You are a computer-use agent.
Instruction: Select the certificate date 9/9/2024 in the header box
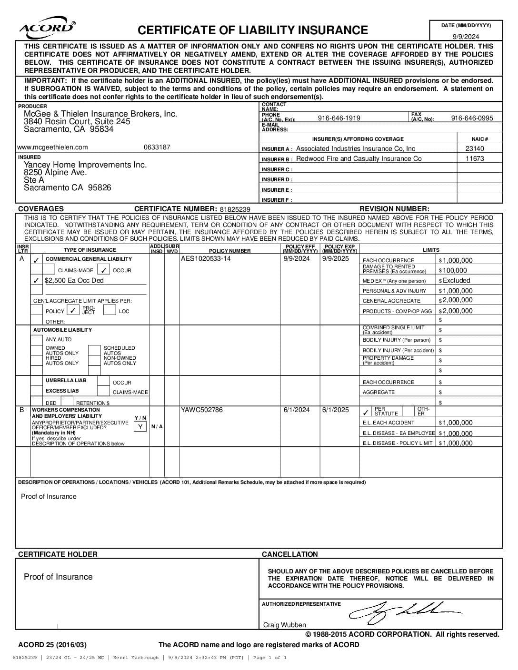click(x=466, y=37)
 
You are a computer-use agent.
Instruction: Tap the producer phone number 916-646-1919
click(x=339, y=118)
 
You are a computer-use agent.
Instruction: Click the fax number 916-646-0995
click(x=472, y=118)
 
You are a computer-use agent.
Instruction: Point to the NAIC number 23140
click(x=475, y=148)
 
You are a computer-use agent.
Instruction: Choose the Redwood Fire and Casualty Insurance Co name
click(x=359, y=158)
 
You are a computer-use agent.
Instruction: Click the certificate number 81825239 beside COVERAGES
click(x=235, y=209)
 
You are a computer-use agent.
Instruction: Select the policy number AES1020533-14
click(x=206, y=259)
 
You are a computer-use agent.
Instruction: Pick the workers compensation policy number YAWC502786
click(x=201, y=410)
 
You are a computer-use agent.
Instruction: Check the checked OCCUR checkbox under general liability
click(x=104, y=270)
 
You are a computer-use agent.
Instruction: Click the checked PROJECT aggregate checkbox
click(x=73, y=311)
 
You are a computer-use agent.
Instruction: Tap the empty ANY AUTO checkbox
click(x=37, y=340)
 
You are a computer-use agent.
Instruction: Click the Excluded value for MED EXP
click(x=456, y=280)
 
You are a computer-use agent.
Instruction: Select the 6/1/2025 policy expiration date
click(x=335, y=410)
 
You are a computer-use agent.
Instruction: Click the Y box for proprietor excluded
click(x=140, y=426)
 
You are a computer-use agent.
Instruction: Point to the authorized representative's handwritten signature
click(x=405, y=611)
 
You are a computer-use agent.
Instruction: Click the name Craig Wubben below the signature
click(x=285, y=625)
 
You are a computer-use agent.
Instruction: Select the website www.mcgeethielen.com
click(x=52, y=147)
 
